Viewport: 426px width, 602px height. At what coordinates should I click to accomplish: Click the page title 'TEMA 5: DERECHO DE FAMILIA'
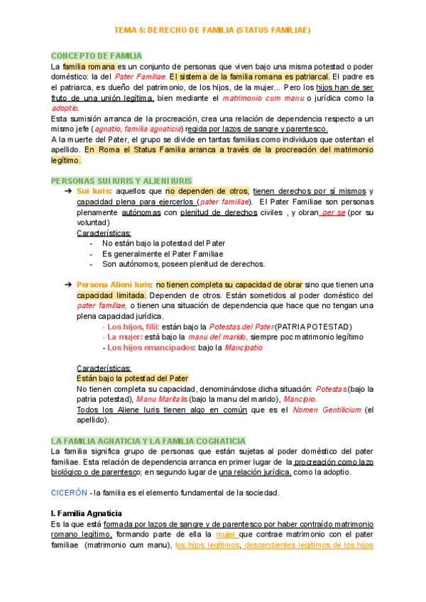coord(212,31)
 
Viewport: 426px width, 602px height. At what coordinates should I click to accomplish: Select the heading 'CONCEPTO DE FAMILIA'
coord(97,55)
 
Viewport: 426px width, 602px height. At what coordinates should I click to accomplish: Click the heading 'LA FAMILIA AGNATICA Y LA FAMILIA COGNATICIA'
coord(148,441)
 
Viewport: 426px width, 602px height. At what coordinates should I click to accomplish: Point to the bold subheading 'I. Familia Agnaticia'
coord(87,513)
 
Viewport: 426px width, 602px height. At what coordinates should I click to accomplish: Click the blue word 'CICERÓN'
coord(70,493)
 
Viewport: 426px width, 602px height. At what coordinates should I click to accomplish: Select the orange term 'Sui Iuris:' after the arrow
coord(94,192)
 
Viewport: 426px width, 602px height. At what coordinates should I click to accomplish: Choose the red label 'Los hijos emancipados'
coord(151,348)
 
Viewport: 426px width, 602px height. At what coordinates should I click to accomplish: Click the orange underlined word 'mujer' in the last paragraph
coord(226,535)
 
